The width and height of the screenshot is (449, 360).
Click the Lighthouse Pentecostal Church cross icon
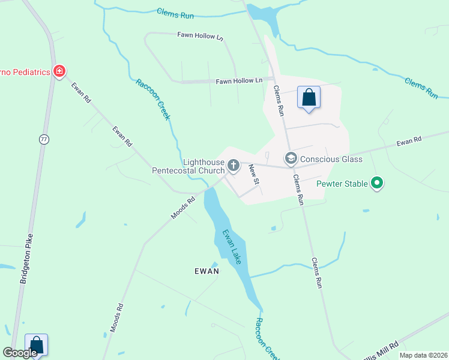[x=233, y=164]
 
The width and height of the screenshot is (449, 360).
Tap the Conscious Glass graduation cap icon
[x=291, y=158]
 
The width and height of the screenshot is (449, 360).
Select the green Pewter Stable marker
[x=377, y=182]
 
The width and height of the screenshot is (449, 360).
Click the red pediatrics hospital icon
[x=59, y=72]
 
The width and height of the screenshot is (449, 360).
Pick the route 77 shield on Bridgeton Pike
[x=44, y=139]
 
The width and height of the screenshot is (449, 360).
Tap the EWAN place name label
[x=206, y=271]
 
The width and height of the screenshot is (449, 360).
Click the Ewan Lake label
[x=231, y=247]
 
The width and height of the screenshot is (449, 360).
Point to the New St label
[x=255, y=174]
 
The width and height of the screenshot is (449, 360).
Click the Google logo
[x=20, y=353]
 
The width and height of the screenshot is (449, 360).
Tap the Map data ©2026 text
[x=423, y=355]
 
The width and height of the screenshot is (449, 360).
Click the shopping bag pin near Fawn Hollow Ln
[x=309, y=97]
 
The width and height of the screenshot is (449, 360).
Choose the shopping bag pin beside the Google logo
[x=36, y=345]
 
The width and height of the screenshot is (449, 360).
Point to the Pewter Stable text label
[x=342, y=183]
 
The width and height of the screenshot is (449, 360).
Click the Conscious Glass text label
[x=331, y=159]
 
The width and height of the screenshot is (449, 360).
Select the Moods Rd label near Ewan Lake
[x=183, y=208]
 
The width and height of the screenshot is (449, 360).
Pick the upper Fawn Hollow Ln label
[x=200, y=37]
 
